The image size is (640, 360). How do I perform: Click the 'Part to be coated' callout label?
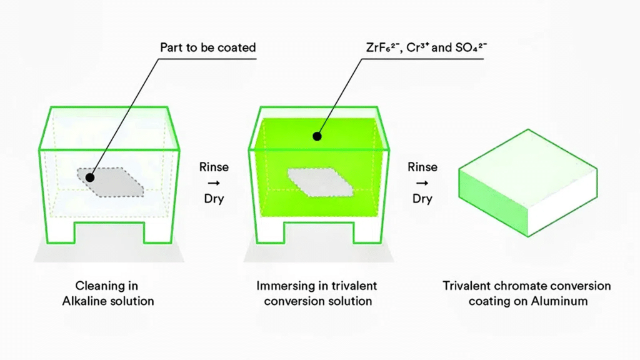[207, 47]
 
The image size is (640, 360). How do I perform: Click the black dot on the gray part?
[90, 178]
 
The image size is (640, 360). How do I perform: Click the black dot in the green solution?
[317, 136]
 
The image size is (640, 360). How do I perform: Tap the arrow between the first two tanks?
[214, 183]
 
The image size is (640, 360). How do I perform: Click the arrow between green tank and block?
[422, 183]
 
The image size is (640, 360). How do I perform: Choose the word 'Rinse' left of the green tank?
[214, 167]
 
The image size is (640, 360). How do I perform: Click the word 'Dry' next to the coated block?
[422, 199]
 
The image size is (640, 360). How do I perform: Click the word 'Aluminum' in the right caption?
[569, 301]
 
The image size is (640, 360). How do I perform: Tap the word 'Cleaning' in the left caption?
[98, 286]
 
